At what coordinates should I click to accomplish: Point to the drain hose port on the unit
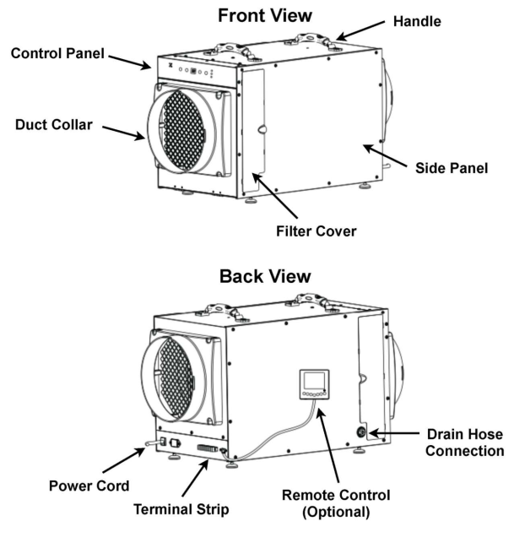363,433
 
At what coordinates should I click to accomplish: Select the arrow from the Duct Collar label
127,132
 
